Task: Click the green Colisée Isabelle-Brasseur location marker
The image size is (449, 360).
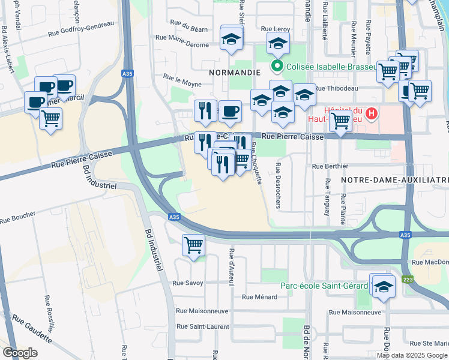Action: click(x=277, y=67)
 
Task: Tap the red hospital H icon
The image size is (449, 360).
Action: click(x=372, y=113)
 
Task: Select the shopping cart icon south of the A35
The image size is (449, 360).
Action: click(x=193, y=245)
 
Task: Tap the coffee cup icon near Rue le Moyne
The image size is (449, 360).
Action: click(x=230, y=111)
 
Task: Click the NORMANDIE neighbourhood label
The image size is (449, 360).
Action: click(x=234, y=72)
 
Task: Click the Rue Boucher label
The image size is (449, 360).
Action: click(x=18, y=217)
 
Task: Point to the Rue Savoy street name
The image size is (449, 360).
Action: click(x=188, y=283)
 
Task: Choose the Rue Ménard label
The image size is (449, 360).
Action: click(x=259, y=296)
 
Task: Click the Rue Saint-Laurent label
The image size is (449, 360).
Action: click(x=202, y=326)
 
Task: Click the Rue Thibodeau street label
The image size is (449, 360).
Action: click(x=336, y=88)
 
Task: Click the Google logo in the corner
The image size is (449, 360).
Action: click(x=20, y=352)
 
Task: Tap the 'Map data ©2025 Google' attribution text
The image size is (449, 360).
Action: click(x=412, y=355)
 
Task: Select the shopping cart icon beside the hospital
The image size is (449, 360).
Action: click(x=340, y=121)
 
